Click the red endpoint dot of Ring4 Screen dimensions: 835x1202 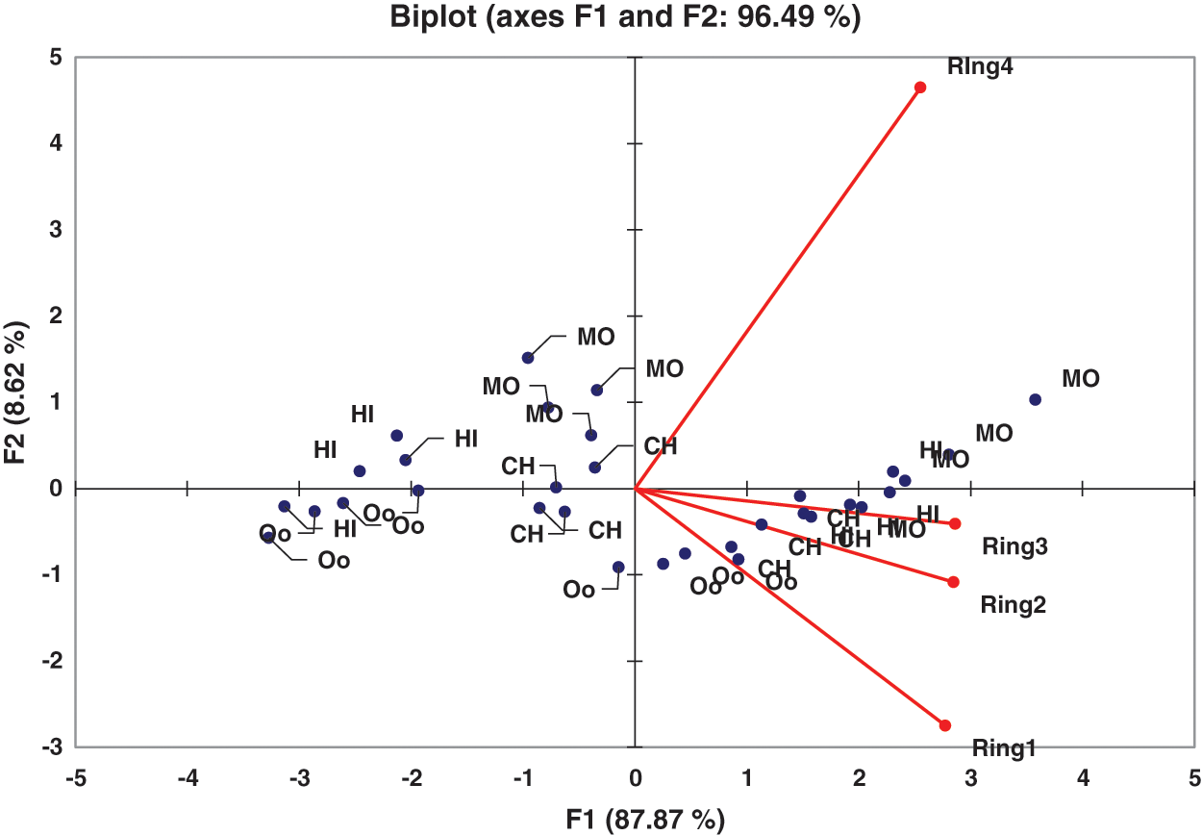click(920, 88)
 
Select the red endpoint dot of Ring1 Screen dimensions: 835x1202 click(944, 725)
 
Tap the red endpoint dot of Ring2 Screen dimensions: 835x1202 click(953, 582)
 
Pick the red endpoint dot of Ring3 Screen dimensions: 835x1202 click(955, 523)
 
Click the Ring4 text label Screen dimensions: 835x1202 click(981, 67)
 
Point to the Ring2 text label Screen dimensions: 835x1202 click(1013, 605)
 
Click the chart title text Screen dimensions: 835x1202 click(624, 17)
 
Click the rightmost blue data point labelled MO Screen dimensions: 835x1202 click(1035, 399)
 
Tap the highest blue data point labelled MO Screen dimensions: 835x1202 click(528, 358)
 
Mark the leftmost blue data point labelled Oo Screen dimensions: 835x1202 click(268, 538)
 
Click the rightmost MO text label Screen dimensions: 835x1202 click(1080, 379)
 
